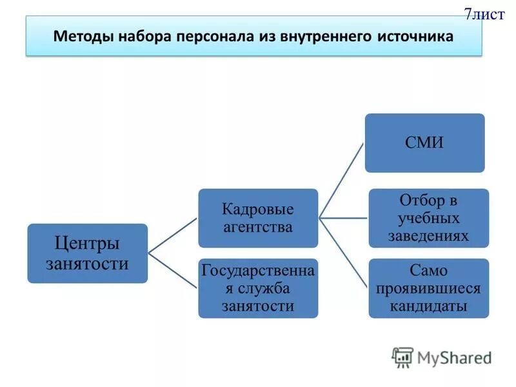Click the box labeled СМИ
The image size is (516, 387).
tap(424, 143)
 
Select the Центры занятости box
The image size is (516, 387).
tap(87, 253)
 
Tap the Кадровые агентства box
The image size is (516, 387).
tap(258, 218)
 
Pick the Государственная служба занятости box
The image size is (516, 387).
tap(258, 288)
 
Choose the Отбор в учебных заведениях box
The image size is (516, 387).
tap(428, 218)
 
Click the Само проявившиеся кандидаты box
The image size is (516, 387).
tap(428, 288)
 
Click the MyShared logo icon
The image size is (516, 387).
tap(402, 357)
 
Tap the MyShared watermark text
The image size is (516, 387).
tap(454, 357)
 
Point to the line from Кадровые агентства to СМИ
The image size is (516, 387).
tap(342, 181)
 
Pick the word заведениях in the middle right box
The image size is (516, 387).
tap(428, 236)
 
